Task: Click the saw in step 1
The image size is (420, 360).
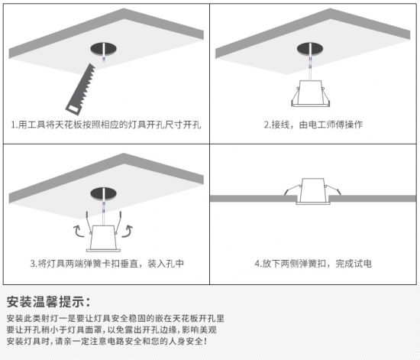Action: tap(80, 89)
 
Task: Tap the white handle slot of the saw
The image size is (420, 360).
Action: tap(73, 109)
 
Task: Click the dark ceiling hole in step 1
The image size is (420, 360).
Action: tap(103, 49)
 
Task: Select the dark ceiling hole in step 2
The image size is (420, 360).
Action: tap(310, 49)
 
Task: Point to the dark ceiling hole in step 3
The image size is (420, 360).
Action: tap(103, 194)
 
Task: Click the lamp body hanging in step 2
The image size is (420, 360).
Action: tap(311, 93)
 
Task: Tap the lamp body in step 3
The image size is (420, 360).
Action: tap(103, 238)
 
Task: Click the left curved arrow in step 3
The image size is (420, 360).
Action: tap(78, 232)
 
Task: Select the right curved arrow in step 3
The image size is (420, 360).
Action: tap(128, 232)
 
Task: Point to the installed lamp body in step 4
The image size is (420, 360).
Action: tap(313, 191)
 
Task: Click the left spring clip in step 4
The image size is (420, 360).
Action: tap(292, 190)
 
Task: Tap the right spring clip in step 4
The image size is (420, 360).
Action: tap(333, 190)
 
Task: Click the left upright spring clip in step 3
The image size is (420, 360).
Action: tap(89, 223)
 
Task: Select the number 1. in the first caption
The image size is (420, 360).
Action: tap(15, 125)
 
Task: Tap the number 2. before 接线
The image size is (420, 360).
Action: tap(267, 125)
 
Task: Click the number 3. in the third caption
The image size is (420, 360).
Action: tap(34, 264)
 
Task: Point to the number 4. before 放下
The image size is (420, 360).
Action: tap(258, 264)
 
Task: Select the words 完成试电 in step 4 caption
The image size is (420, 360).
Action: tap(354, 264)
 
